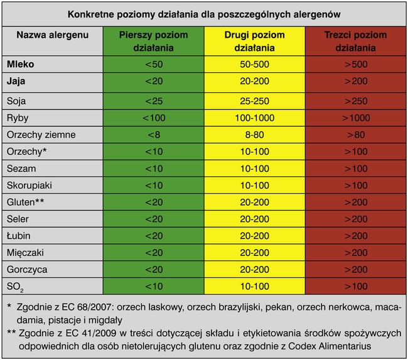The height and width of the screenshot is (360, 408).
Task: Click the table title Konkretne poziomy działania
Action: pyautogui.click(x=203, y=14)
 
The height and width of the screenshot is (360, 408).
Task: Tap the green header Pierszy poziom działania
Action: pyautogui.click(x=154, y=41)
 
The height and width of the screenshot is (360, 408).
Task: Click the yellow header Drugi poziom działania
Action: pyautogui.click(x=254, y=41)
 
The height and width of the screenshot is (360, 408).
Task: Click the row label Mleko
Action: pyautogui.click(x=21, y=64)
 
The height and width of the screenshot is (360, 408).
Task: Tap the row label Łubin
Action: pyautogui.click(x=20, y=235)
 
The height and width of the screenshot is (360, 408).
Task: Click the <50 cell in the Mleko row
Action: pyautogui.click(x=154, y=64)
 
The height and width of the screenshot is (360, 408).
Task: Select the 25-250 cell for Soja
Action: pyautogui.click(x=254, y=100)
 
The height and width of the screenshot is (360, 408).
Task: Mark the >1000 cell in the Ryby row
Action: pyautogui.click(x=355, y=117)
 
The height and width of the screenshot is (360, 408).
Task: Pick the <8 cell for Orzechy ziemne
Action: pyautogui.click(x=154, y=134)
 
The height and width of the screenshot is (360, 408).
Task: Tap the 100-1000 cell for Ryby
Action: pyautogui.click(x=254, y=117)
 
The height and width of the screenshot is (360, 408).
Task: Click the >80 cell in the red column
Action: pyautogui.click(x=355, y=134)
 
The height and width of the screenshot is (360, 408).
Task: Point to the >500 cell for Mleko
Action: pyautogui.click(x=355, y=64)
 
